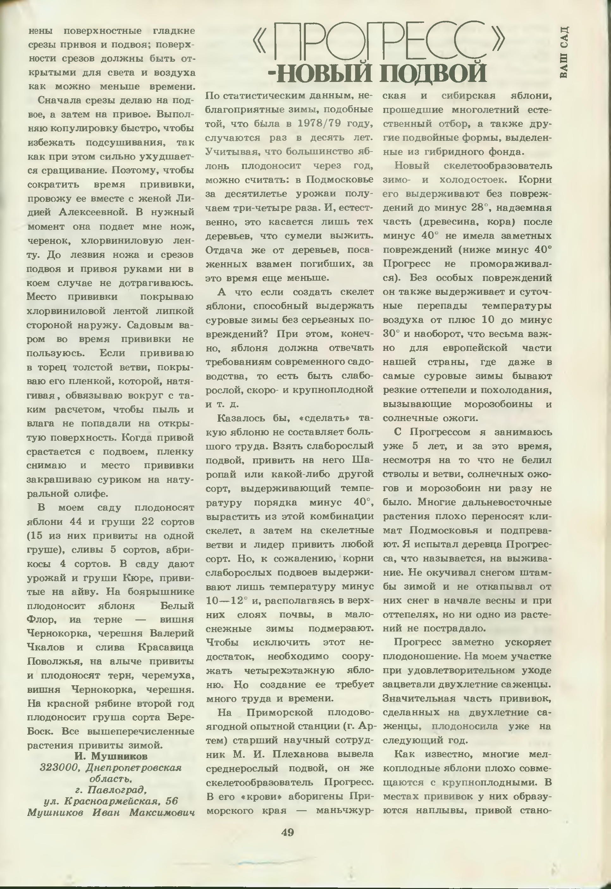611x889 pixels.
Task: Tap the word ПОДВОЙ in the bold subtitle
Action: click(433, 72)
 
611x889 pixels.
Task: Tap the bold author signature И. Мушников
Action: click(111, 756)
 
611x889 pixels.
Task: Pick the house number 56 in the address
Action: click(172, 801)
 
